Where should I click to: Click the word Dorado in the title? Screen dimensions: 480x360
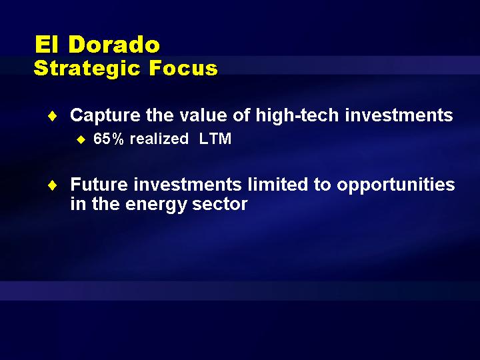click(x=114, y=45)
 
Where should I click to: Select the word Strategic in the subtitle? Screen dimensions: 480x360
click(x=87, y=69)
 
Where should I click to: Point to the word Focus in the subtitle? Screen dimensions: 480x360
click(x=183, y=67)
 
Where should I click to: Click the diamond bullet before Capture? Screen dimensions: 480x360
click(x=53, y=116)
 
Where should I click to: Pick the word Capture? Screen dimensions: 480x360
click(x=105, y=116)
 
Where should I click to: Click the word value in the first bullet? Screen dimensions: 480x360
click(x=203, y=115)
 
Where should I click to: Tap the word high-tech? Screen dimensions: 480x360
click(x=297, y=115)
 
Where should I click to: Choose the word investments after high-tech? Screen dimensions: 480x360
click(x=399, y=115)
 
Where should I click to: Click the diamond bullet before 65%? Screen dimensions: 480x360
click(x=81, y=140)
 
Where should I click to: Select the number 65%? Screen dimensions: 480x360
click(x=109, y=139)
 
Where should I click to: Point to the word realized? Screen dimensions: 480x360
click(x=159, y=139)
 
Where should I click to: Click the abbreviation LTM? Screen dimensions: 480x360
click(x=215, y=139)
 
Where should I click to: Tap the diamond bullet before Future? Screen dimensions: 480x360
click(x=53, y=185)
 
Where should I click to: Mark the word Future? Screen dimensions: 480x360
click(x=99, y=185)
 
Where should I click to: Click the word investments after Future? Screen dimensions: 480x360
click(x=187, y=185)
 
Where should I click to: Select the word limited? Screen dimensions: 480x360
click(x=277, y=184)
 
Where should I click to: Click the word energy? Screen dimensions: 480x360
click(x=157, y=205)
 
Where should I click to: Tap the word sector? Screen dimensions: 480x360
click(x=220, y=204)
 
